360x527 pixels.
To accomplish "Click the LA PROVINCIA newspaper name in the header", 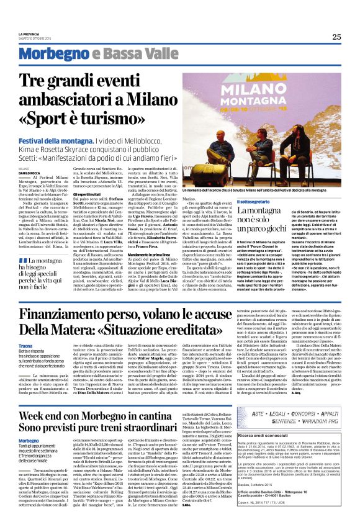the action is (x=29, y=34).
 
